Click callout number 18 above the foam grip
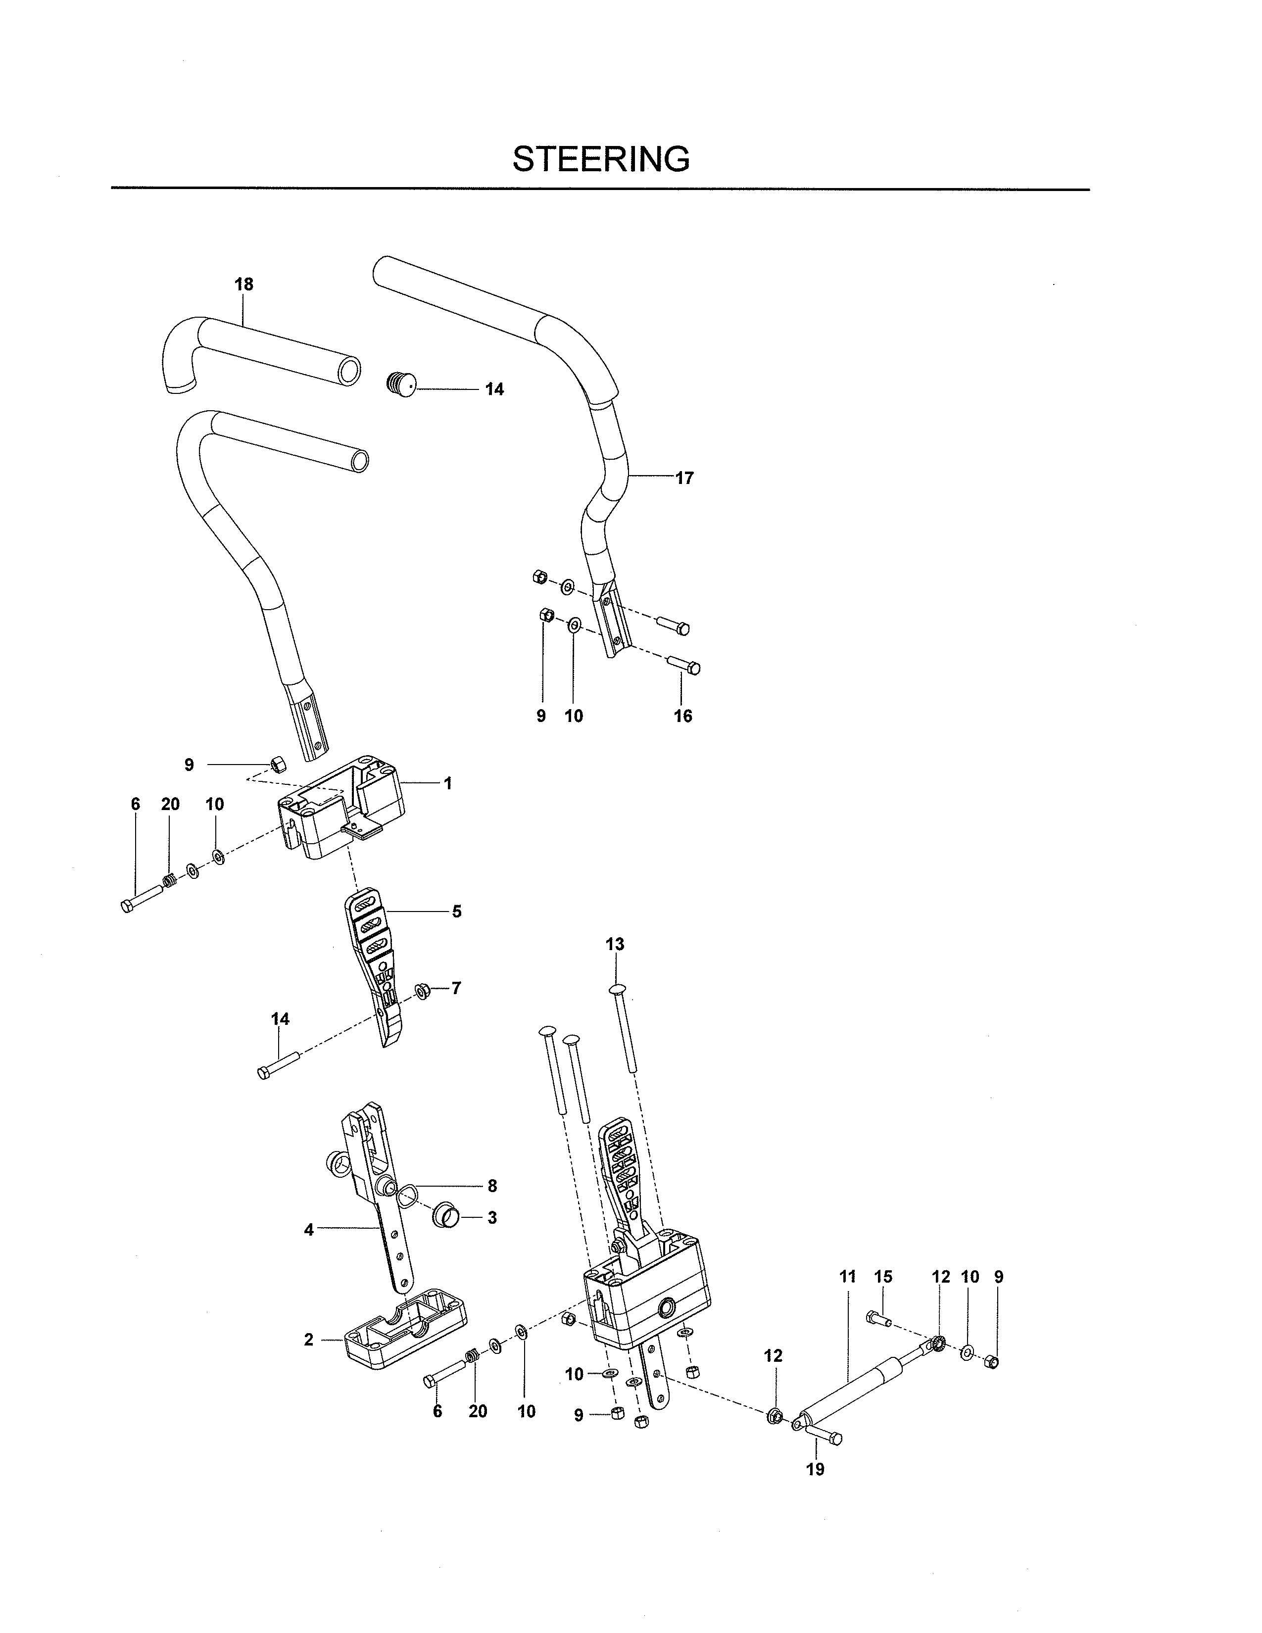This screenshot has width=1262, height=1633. (243, 284)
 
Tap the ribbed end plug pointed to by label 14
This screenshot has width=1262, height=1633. (401, 385)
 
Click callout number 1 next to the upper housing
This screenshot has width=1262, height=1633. (448, 784)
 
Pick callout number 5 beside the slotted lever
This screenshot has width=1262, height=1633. (456, 912)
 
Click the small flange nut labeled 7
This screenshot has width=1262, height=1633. (423, 992)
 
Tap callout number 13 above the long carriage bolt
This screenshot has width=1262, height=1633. (615, 944)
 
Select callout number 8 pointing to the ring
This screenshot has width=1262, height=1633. (491, 1185)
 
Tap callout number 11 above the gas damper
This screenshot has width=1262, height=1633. (847, 1276)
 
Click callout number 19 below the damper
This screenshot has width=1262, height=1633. (815, 1469)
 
